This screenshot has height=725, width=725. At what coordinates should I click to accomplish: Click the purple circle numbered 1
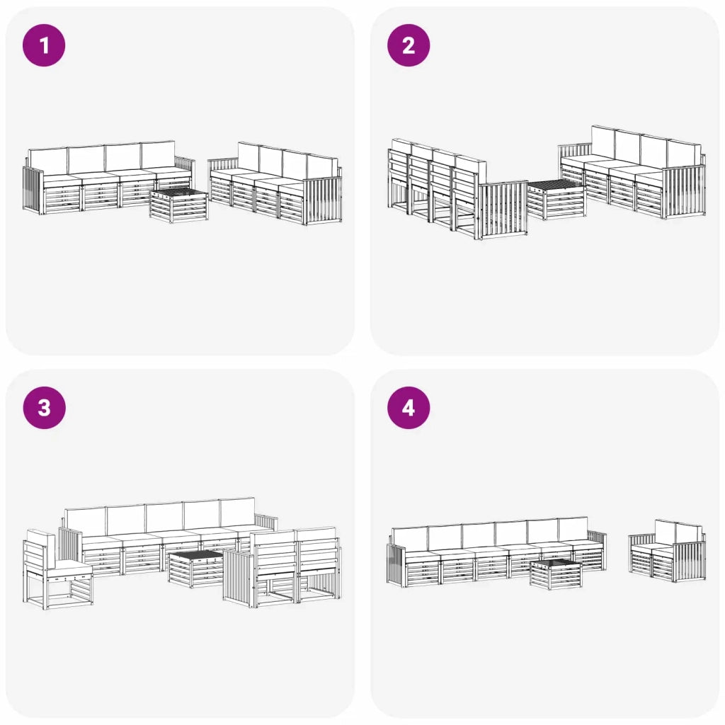(x=44, y=45)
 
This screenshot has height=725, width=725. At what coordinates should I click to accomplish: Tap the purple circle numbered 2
(x=409, y=45)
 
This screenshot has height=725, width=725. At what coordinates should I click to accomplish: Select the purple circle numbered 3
(x=44, y=408)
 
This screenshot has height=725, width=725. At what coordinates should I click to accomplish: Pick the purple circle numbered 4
(x=409, y=408)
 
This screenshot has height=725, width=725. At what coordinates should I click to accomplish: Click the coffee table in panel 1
(x=179, y=206)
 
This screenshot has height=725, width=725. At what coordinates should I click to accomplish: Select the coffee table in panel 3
(x=196, y=569)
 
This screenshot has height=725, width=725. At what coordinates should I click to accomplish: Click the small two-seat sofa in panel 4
(x=667, y=549)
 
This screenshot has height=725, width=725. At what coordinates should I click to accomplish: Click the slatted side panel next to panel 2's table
(x=503, y=210)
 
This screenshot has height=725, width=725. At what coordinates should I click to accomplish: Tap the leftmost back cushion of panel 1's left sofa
(x=48, y=161)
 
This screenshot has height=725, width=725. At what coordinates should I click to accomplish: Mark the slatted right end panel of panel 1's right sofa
(x=323, y=200)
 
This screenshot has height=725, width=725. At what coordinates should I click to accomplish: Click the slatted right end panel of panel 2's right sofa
(x=685, y=190)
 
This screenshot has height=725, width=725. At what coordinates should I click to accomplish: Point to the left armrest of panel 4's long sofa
(x=396, y=565)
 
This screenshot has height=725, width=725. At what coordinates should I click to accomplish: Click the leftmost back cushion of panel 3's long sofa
(x=86, y=522)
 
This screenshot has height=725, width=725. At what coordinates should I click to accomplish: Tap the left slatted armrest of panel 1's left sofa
(x=33, y=190)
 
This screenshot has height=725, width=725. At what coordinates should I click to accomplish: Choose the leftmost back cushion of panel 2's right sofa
(x=603, y=143)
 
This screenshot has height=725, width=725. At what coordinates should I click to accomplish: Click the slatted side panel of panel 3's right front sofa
(x=240, y=578)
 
